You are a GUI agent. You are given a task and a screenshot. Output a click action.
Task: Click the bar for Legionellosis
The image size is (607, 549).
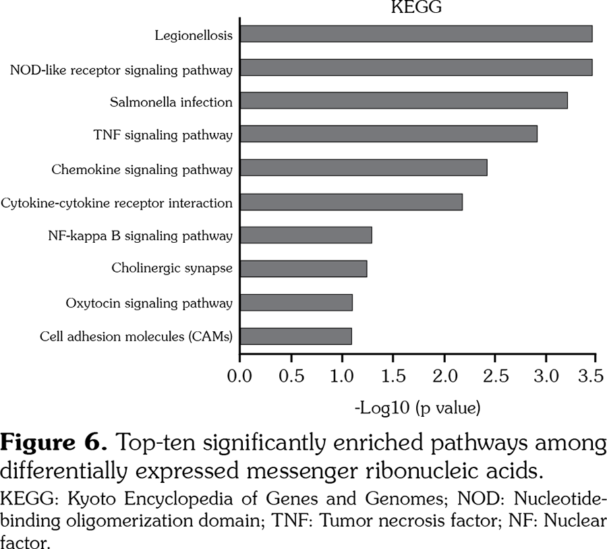(x=415, y=34)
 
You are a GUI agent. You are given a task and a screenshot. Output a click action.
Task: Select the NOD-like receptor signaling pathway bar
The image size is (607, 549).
(x=415, y=67)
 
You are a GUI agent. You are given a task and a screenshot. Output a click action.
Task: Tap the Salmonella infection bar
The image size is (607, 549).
(x=403, y=100)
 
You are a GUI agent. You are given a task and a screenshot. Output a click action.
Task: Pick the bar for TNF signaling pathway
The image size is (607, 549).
(x=388, y=134)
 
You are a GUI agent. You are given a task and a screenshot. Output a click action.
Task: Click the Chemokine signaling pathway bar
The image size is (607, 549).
(x=363, y=167)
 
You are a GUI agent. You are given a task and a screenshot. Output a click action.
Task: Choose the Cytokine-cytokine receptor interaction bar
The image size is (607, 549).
(x=351, y=202)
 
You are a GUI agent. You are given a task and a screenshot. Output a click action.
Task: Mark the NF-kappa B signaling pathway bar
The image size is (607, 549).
(x=306, y=235)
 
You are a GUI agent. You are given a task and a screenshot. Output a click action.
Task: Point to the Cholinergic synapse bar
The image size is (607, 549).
(x=303, y=268)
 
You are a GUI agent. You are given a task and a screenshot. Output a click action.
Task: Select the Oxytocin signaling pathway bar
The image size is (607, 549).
(x=296, y=302)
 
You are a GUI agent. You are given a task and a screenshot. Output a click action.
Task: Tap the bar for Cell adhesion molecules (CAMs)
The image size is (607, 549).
(x=295, y=336)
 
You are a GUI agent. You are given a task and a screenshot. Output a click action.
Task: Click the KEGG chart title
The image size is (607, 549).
(x=416, y=8)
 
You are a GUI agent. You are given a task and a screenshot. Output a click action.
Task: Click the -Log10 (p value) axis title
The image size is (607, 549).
(x=417, y=407)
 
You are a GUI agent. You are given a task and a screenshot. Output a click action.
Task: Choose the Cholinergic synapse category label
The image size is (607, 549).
(x=172, y=268)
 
